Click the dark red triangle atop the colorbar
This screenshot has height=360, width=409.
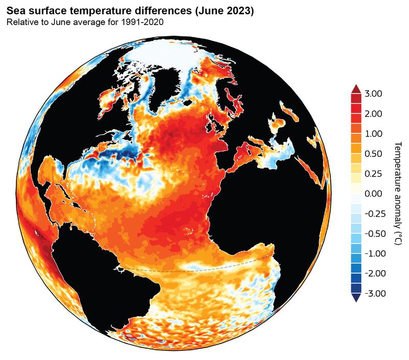[x=356, y=89]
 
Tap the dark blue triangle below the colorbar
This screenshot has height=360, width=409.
[x=356, y=298]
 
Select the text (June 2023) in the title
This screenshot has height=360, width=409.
[x=225, y=11]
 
